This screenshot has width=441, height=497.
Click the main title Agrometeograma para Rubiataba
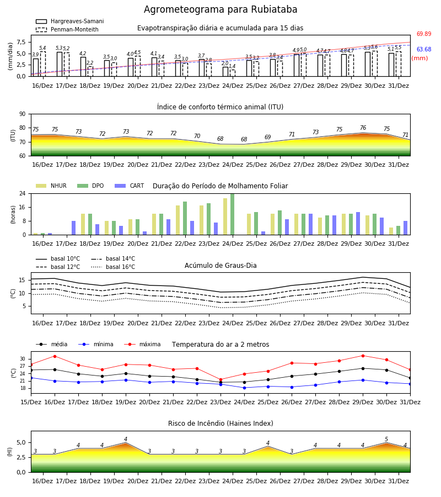click(220, 9)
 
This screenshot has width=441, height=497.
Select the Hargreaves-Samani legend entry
click(70, 21)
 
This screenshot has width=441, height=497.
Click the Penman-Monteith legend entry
click(67, 29)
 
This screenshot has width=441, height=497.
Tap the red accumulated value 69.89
click(424, 34)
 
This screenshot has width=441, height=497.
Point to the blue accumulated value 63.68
click(424, 49)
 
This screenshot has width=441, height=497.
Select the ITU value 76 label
click(363, 128)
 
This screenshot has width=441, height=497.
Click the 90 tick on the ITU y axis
click(23, 114)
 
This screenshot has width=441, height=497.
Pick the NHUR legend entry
click(51, 186)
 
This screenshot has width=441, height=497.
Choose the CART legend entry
click(130, 186)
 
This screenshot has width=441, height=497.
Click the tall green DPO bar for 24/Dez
click(233, 214)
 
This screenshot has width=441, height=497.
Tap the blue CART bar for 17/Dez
click(74, 228)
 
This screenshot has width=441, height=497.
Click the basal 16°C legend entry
click(113, 267)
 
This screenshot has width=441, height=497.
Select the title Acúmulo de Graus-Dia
click(220, 266)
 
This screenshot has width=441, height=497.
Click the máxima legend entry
click(142, 344)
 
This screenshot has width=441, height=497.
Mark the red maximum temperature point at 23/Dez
click(221, 379)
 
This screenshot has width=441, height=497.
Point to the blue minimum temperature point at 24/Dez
click(245, 388)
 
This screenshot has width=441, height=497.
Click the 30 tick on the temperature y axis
click(23, 359)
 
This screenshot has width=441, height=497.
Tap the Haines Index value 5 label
click(386, 440)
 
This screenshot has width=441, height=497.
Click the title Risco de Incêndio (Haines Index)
click(220, 424)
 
